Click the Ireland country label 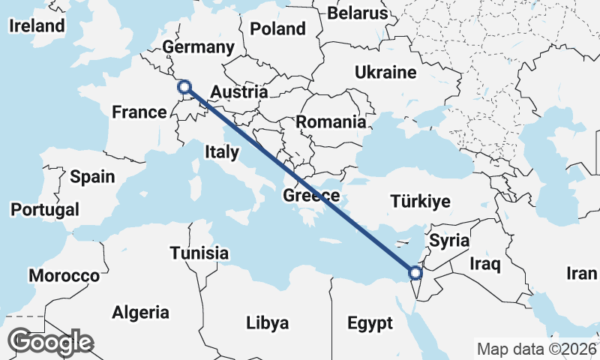point(37,25)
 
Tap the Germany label point(199,47)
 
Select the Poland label point(278,29)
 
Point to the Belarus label point(358,13)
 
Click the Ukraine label point(385,73)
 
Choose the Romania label point(331,121)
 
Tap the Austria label point(238,92)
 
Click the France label point(139,112)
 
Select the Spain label point(92,177)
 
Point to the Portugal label point(45,209)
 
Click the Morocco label point(64,276)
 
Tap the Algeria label point(141,313)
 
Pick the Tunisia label point(199,253)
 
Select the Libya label point(268,323)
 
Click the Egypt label point(370,324)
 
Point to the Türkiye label point(420,201)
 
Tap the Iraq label point(485,264)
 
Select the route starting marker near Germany point(184,87)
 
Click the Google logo point(52,342)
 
